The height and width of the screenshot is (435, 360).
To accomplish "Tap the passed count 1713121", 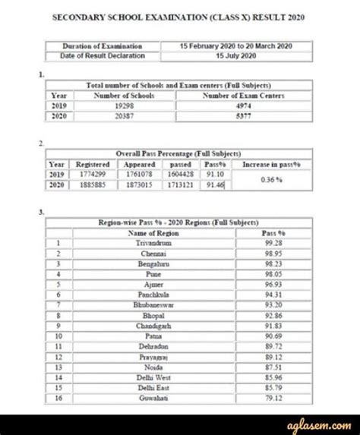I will coord(181,184).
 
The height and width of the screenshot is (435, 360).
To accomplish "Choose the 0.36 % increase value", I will coord(274,180).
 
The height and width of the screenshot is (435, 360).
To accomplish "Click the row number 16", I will coord(57,396).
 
